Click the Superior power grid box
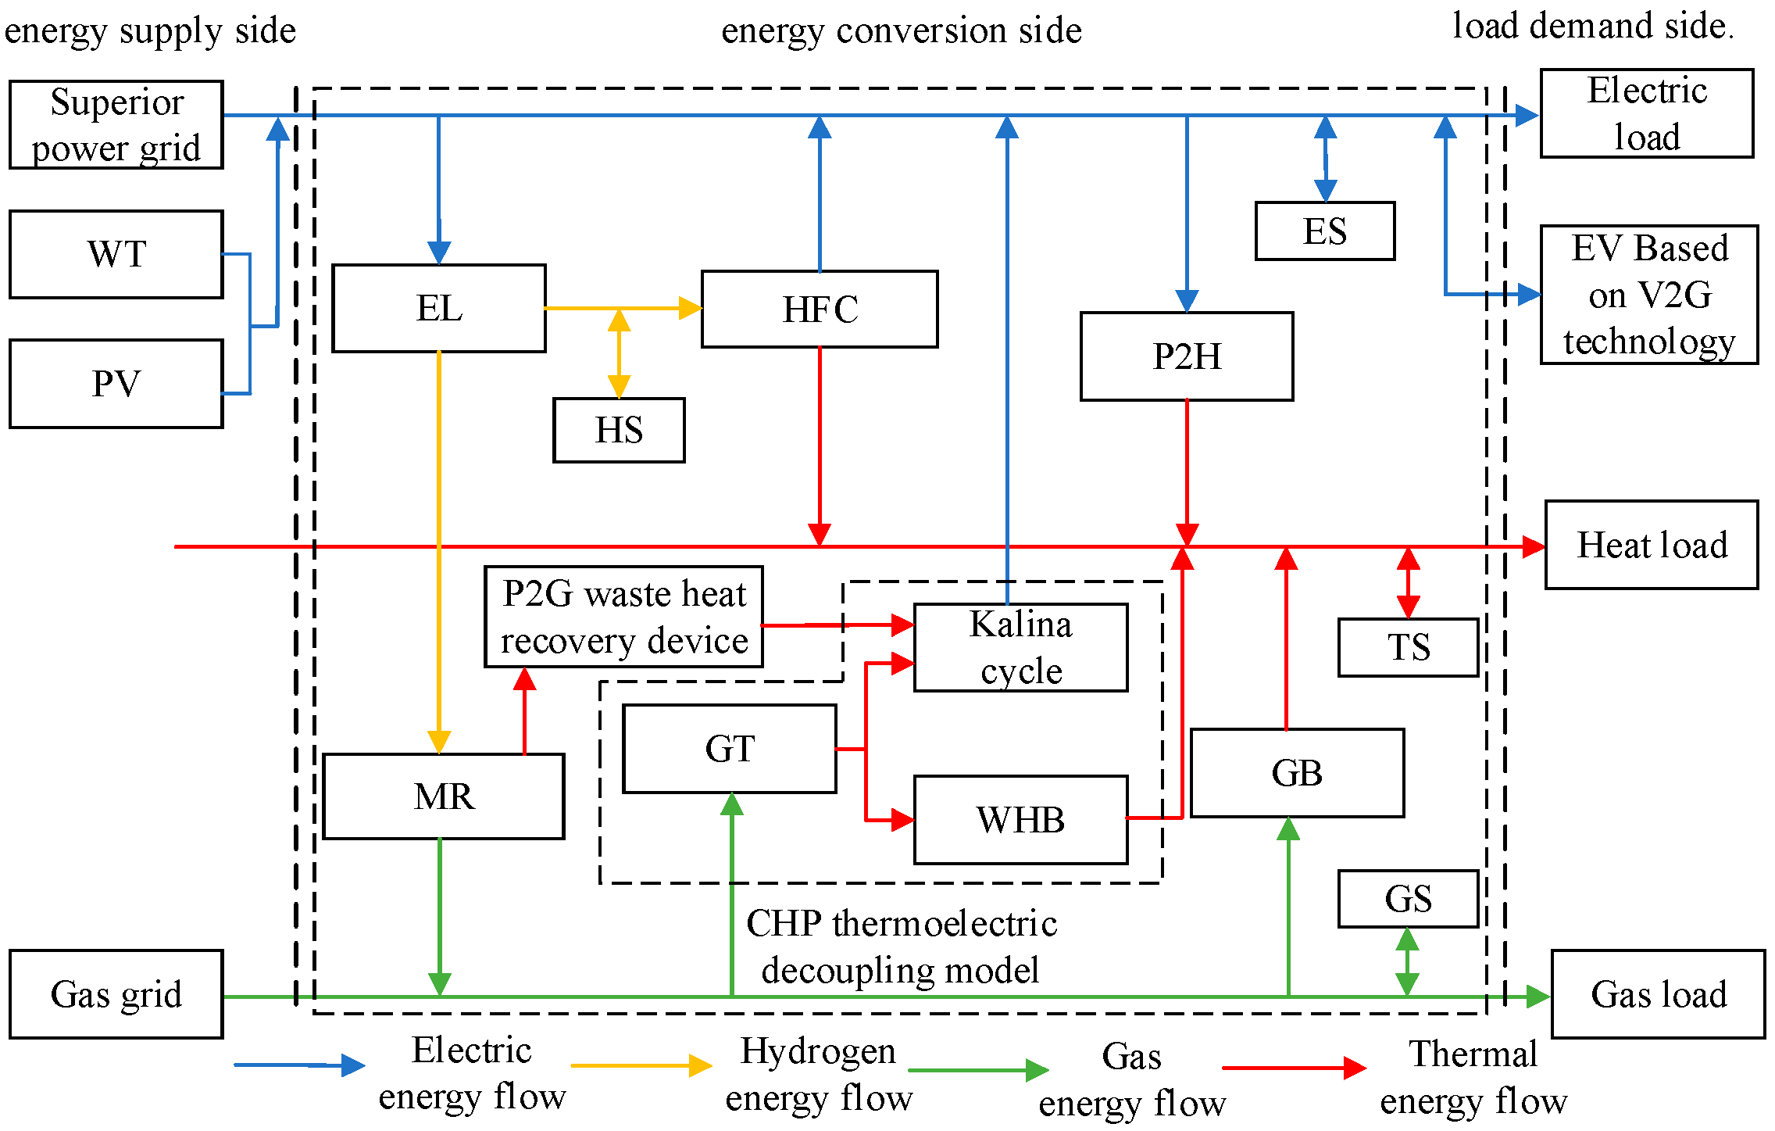coord(116,124)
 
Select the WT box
coord(116,254)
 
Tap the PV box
coord(116,384)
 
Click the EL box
coord(438,308)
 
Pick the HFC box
coord(820,310)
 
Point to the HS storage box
coord(619,430)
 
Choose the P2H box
coord(1186,356)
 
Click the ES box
coord(1324,231)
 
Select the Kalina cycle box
coord(1020,647)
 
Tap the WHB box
coord(1020,820)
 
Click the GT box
coord(729,749)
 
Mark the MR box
coord(443,796)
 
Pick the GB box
coord(1297,773)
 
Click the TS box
coord(1408,647)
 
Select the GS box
coord(1408,899)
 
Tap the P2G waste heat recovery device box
coord(623,617)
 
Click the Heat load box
coord(1652,545)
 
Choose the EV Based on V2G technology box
coord(1649,295)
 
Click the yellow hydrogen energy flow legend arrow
coord(641,1066)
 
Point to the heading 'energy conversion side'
coord(901,31)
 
